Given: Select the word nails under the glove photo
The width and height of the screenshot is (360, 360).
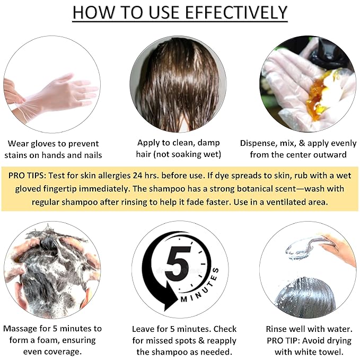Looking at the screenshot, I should click(x=89, y=155).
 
